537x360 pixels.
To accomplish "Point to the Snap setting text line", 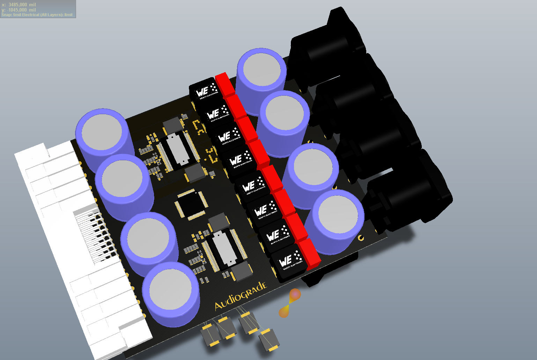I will (37, 15).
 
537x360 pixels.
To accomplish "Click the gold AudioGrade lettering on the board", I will (241, 296).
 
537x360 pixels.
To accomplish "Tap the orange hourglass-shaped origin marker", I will (290, 303).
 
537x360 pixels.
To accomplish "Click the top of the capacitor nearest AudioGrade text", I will (170, 289).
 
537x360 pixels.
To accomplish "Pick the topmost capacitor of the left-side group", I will (102, 132).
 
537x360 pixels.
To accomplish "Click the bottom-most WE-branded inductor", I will (287, 262).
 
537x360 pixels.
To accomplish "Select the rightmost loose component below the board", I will (269, 339).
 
